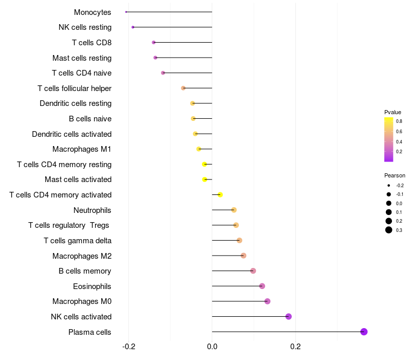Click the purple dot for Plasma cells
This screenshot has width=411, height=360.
364,332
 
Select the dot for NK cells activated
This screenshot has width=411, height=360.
289,316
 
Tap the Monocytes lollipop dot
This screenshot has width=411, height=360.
126,12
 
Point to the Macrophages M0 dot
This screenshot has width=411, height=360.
267,301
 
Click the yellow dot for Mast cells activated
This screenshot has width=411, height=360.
204,179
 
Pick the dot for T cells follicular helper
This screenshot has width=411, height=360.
183,88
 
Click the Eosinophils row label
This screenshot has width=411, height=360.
92,286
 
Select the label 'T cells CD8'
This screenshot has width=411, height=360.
91,42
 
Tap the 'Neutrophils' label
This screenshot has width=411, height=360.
92,210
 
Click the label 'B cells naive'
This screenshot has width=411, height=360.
90,119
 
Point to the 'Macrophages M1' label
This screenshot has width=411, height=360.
82,149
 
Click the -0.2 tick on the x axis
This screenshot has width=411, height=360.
128,347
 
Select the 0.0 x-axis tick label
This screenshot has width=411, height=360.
212,347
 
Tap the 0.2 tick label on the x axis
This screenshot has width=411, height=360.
295,347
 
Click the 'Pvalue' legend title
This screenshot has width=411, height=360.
393,112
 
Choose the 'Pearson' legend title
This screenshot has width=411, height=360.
395,175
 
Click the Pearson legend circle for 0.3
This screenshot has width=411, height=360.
389,230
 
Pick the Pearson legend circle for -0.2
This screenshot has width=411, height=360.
389,185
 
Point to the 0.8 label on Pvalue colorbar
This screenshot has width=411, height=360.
399,121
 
